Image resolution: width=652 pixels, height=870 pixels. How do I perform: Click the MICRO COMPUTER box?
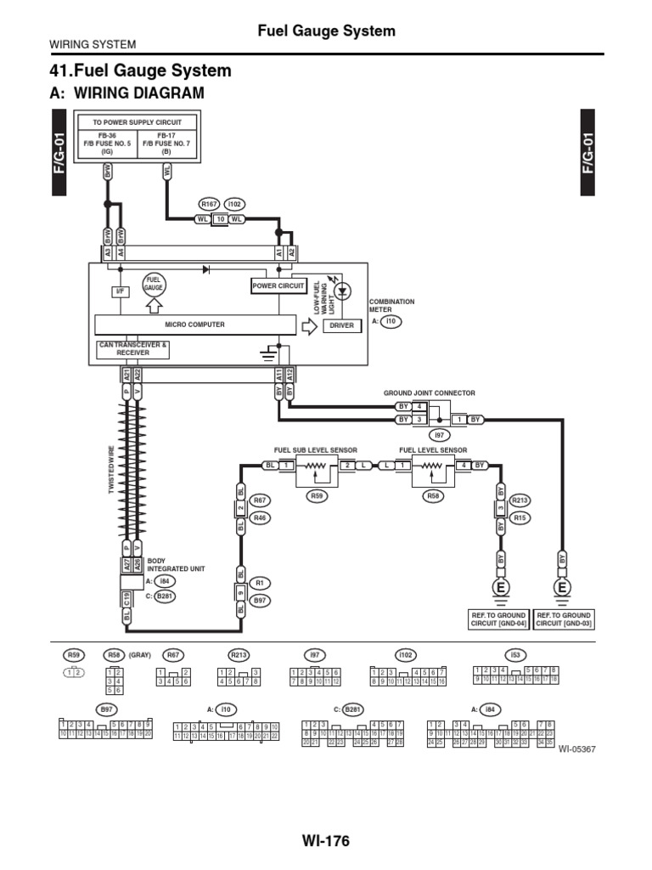click(x=194, y=325)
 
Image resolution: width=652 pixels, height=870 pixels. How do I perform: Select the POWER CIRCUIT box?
click(x=278, y=286)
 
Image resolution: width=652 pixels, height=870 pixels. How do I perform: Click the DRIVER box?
click(x=341, y=325)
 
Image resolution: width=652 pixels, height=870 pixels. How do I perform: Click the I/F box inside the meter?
click(x=120, y=291)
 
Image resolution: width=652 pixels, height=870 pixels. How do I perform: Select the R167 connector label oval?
click(x=209, y=204)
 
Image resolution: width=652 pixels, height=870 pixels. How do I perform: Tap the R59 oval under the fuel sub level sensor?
click(x=318, y=494)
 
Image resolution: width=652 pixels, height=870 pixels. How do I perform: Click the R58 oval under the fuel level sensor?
click(x=433, y=494)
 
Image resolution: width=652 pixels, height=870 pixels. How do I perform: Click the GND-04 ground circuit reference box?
click(x=499, y=619)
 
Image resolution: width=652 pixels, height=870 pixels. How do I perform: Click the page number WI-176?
click(x=325, y=841)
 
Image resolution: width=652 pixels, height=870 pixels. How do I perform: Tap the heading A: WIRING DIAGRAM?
click(x=128, y=93)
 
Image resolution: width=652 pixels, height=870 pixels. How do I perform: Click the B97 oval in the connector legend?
click(x=106, y=708)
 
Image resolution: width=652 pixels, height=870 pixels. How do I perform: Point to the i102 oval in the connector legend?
click(x=404, y=655)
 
